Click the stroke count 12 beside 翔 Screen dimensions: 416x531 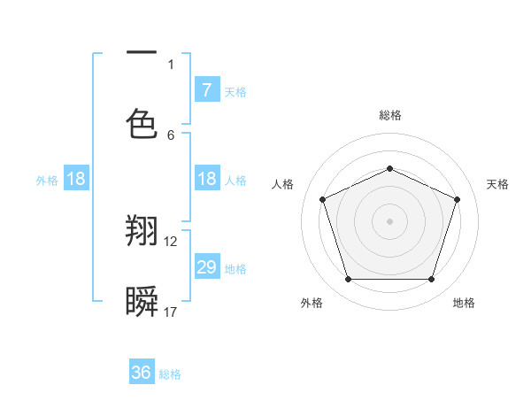[x=171, y=241]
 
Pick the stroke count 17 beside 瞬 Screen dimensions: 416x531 [x=171, y=312]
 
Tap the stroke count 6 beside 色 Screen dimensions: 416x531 [x=171, y=135]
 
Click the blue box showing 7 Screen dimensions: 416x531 [x=206, y=89]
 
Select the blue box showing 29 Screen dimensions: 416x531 [x=206, y=266]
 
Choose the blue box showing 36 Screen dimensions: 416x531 [x=142, y=373]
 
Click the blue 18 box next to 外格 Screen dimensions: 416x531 [x=76, y=179]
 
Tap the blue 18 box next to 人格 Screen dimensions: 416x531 [x=206, y=179]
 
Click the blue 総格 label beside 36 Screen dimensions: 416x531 [x=170, y=374]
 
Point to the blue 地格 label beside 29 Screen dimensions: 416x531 [x=235, y=268]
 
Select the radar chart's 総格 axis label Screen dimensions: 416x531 [x=389, y=115]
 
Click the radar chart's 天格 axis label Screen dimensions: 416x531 [x=497, y=184]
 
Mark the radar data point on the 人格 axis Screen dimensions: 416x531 [x=322, y=199]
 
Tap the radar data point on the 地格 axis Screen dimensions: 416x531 [x=431, y=280]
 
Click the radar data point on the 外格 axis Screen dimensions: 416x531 [x=348, y=280]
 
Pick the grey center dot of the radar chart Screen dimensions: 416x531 [x=389, y=221]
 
